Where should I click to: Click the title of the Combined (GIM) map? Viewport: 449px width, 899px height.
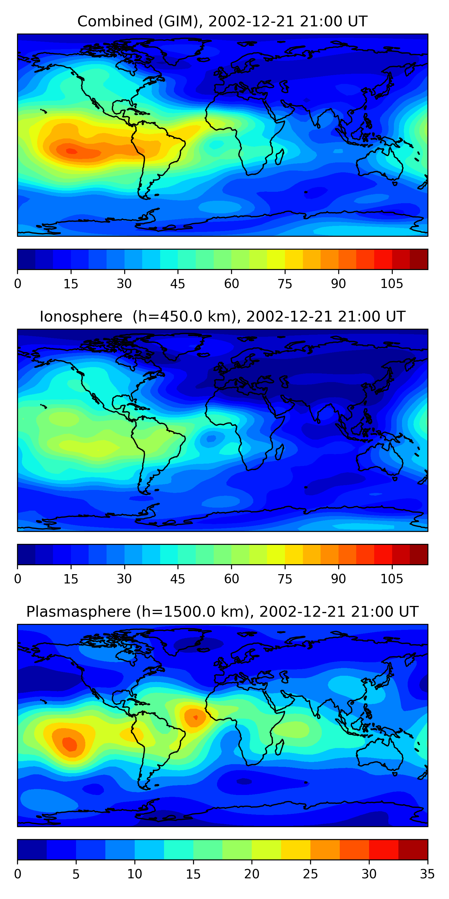222,21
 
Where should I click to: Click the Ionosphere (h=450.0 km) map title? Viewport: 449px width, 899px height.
222,316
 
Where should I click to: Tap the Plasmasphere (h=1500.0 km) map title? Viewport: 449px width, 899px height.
222,611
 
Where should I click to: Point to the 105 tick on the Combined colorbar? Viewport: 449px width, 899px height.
392,283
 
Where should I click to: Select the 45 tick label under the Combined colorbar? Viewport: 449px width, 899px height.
178,283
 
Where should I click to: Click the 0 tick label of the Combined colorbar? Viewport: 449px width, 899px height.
18,283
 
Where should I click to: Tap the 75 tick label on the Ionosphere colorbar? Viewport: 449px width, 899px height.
285,579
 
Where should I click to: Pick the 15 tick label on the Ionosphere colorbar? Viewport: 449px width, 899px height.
71,579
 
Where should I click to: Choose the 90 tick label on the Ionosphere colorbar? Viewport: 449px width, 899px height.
338,579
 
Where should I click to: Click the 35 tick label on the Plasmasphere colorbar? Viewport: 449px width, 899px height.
427,874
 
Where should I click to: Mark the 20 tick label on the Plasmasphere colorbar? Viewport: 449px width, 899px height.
252,874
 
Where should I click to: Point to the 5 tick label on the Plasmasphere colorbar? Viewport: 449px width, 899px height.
76,874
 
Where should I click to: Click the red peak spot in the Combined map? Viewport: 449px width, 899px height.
72,151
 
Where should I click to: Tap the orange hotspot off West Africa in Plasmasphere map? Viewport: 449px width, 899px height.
195,717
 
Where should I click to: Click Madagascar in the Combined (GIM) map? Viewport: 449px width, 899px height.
280,157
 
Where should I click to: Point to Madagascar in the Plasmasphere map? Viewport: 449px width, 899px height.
280,747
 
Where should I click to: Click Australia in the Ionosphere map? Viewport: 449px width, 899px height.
380,458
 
